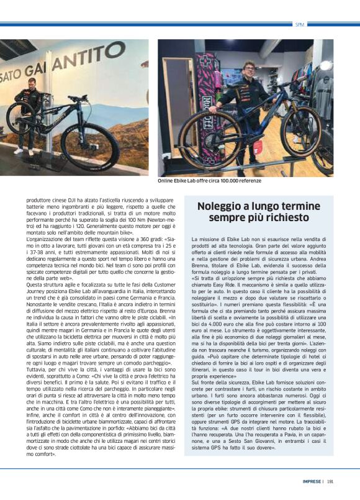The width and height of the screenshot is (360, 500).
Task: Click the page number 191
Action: point(330,481)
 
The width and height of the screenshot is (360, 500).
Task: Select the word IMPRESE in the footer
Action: point(312,481)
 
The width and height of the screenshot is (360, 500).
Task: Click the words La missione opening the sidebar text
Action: point(205,239)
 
